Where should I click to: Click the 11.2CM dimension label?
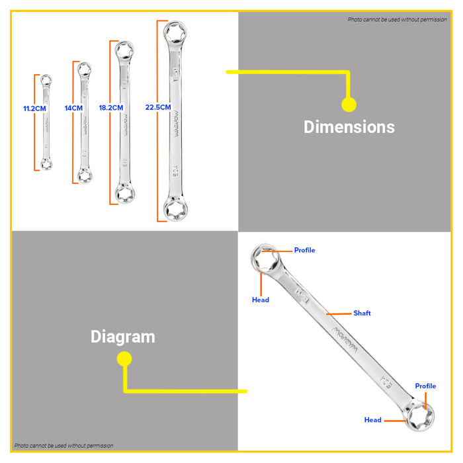pos(34,107)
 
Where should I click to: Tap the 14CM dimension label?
pos(73,107)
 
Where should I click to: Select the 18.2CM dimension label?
pos(110,107)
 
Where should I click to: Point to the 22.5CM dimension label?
pos(157,107)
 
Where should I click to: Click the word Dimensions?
pos(349,127)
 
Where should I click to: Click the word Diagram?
pos(123,337)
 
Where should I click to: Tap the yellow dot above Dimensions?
pos(349,104)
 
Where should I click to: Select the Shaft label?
pos(362,313)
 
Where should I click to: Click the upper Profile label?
pos(305,250)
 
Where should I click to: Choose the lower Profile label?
pos(425,386)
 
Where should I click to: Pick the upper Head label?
pos(261,300)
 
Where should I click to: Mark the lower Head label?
pos(373,420)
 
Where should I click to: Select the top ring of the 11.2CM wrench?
pos(45,80)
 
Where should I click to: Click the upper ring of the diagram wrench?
pos(267,259)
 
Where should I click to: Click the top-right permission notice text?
pos(398,20)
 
